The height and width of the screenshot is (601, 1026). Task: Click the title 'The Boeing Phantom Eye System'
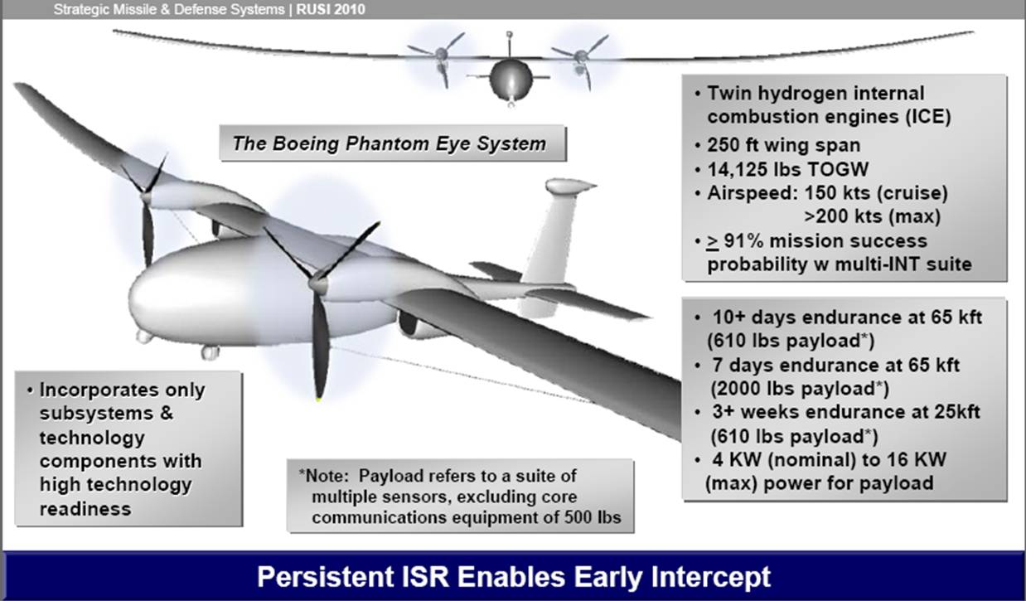point(389,143)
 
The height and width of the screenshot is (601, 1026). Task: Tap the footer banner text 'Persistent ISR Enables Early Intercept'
point(512,576)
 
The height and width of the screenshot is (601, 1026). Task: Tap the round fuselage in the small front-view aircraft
point(511,80)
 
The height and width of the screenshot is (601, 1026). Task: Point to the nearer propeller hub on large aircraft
point(317,284)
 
